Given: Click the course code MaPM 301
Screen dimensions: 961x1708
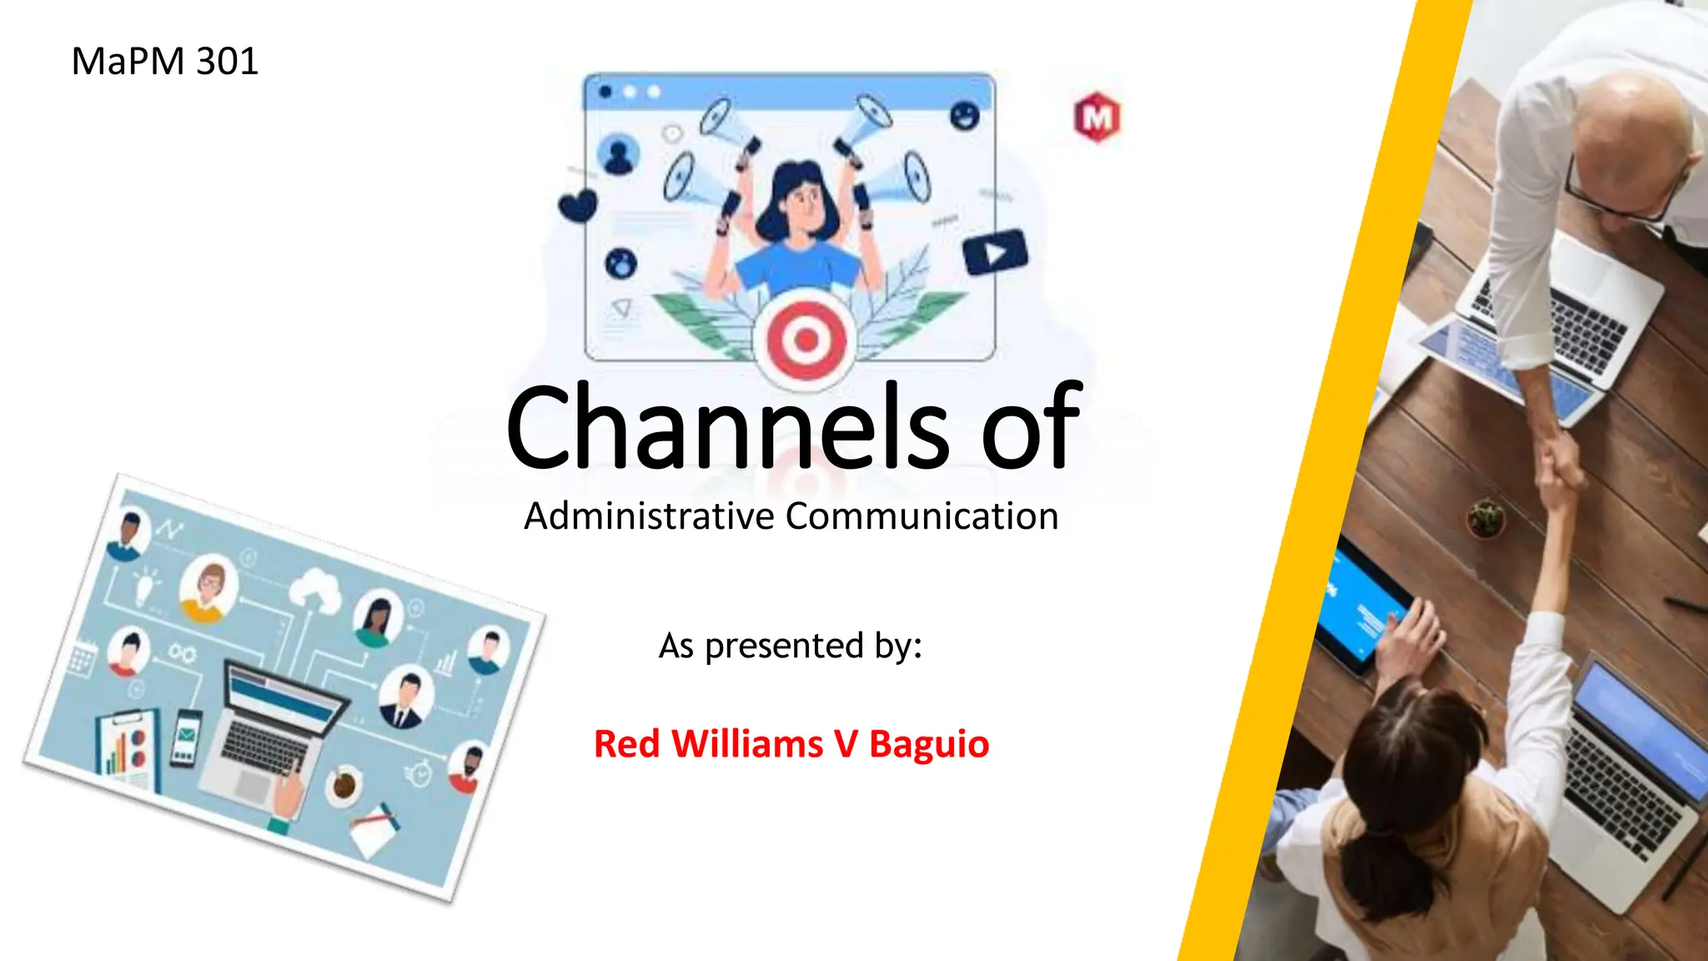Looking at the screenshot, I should [164, 62].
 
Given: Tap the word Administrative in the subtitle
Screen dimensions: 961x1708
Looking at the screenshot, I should [649, 516].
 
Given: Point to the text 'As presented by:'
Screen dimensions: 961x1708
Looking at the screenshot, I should [791, 646].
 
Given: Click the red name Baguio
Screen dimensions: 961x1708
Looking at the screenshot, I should [928, 743].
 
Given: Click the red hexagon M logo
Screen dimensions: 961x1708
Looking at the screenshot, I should [1097, 118].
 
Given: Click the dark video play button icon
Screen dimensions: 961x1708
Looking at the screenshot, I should [995, 252].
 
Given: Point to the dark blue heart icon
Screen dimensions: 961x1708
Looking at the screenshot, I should [578, 205].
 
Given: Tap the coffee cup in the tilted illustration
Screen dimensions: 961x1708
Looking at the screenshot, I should [343, 784].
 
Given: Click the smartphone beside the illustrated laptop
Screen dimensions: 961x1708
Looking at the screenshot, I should [185, 737].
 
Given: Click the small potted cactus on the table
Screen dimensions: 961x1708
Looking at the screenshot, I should [1485, 517].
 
